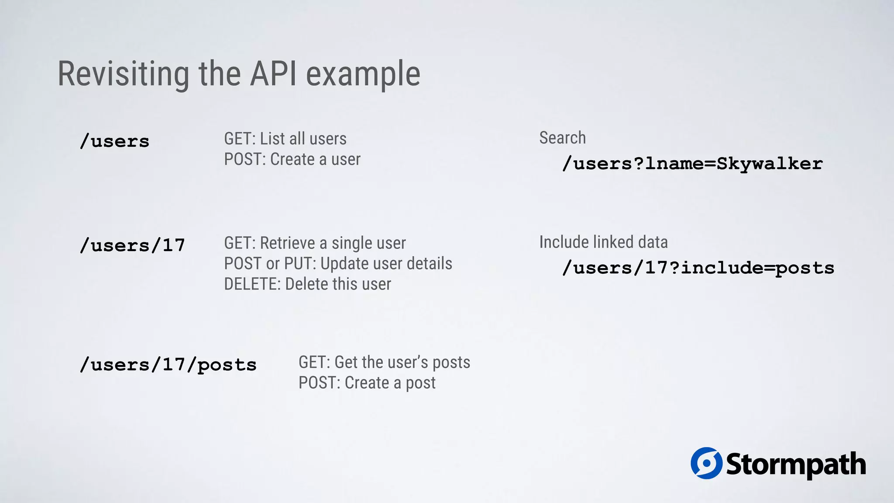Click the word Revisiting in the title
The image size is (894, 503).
pos(124,74)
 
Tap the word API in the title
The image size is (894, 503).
pos(273,74)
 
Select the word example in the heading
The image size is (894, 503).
pos(363,75)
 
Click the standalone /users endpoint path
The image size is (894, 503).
pos(115,141)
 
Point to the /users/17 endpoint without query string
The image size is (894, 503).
pos(133,245)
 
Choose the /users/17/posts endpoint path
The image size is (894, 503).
pos(168,365)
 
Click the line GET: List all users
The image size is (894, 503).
pos(285,139)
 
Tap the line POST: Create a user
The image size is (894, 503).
pos(292,159)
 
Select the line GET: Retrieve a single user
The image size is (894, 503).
pos(315,243)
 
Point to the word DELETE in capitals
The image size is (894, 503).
pos(252,284)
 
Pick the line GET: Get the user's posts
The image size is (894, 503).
pos(384,362)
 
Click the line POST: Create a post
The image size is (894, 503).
pos(367,383)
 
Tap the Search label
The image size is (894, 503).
pos(562,138)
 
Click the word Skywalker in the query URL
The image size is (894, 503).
pos(769,164)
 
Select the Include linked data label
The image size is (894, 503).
pos(603,242)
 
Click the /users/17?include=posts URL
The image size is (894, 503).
pos(698,268)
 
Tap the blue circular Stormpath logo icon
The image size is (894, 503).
pos(706,463)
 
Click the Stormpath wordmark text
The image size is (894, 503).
pos(796,465)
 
